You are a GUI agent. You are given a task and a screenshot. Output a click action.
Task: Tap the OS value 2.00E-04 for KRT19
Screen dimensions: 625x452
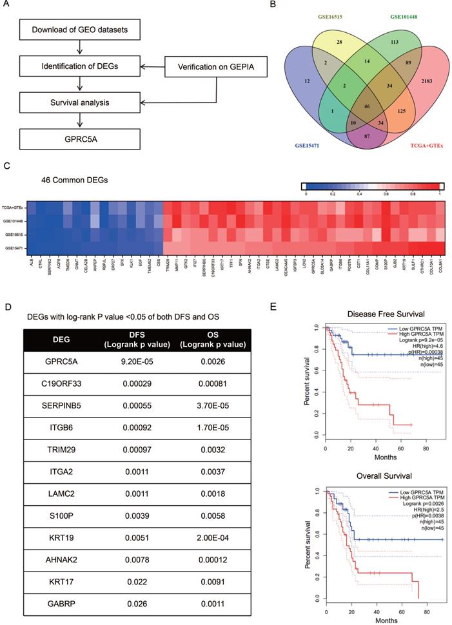tap(210, 535)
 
